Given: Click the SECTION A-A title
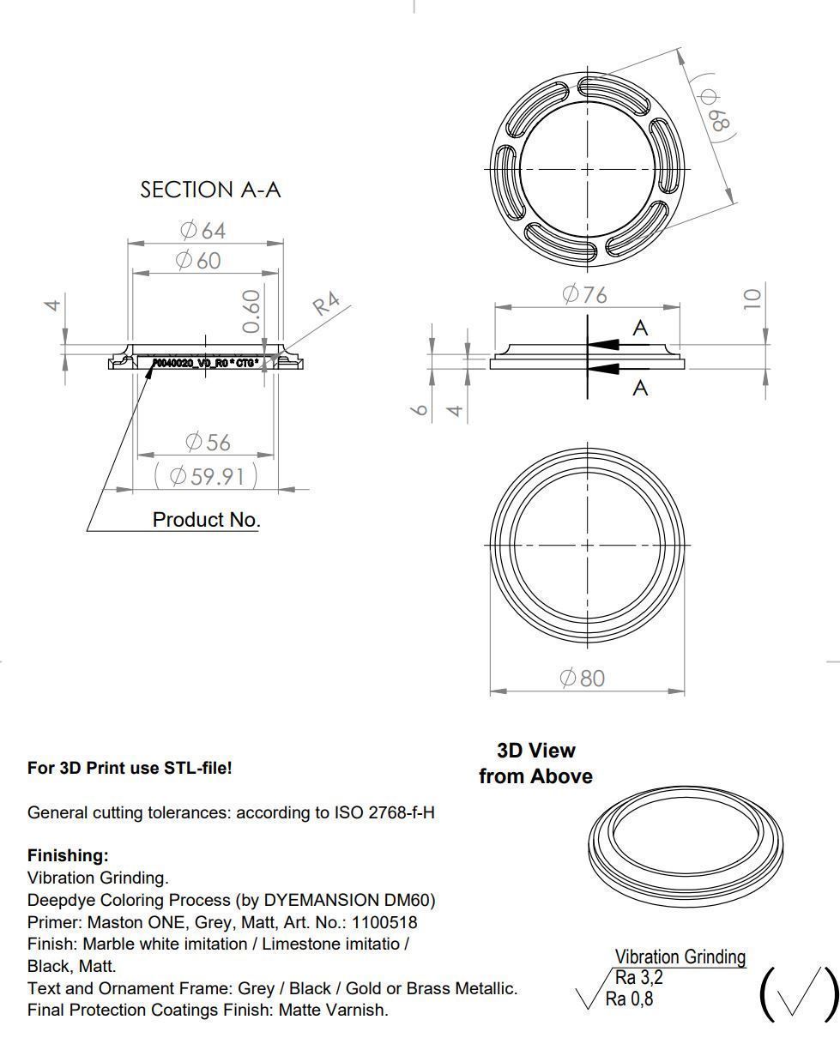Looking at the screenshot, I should (x=210, y=190).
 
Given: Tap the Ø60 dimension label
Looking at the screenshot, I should (x=198, y=260).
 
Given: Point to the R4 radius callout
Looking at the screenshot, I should (x=326, y=304).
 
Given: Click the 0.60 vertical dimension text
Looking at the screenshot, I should (x=251, y=311).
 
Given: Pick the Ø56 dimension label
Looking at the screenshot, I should (x=208, y=442).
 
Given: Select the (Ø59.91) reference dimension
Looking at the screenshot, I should (x=206, y=475).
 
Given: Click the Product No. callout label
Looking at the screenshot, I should (x=206, y=519).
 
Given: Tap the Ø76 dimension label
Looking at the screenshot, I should (x=584, y=294).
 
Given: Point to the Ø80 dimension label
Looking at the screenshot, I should (x=582, y=678).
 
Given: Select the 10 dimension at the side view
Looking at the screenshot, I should (x=752, y=299).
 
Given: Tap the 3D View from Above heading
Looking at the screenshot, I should (x=535, y=763).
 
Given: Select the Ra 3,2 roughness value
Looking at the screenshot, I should (x=639, y=977).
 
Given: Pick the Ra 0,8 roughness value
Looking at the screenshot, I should (x=629, y=999).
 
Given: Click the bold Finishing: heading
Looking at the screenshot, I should (x=68, y=855).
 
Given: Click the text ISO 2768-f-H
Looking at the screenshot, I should (x=384, y=812).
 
